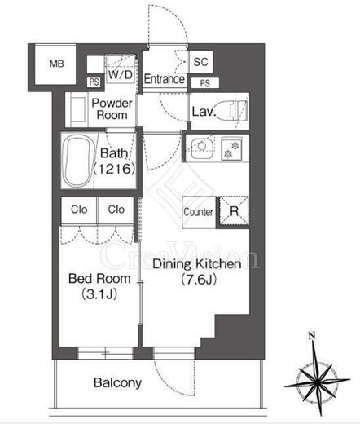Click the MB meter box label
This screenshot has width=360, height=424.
[x=57, y=64]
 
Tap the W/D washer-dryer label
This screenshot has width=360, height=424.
[x=121, y=74]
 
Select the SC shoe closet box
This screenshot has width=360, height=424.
[x=200, y=62]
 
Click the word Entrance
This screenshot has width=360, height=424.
[x=165, y=79]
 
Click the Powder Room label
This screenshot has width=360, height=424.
[x=112, y=109]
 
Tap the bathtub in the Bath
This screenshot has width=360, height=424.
[x=77, y=162]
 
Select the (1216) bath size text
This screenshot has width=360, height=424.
[x=114, y=169]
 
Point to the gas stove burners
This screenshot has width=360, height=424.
[x=231, y=149]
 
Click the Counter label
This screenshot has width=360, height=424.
[x=198, y=212]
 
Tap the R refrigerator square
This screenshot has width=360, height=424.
[x=234, y=211]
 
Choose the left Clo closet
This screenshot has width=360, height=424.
[x=79, y=210]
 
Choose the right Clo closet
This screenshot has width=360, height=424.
[x=116, y=210]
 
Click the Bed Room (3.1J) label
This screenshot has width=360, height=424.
[x=99, y=286]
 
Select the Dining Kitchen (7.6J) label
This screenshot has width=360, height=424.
[x=197, y=272]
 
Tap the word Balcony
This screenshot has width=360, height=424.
[x=117, y=383]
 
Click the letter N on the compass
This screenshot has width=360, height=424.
[x=312, y=336]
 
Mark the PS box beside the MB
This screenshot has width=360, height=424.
[x=94, y=82]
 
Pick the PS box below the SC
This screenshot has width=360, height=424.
[x=205, y=83]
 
